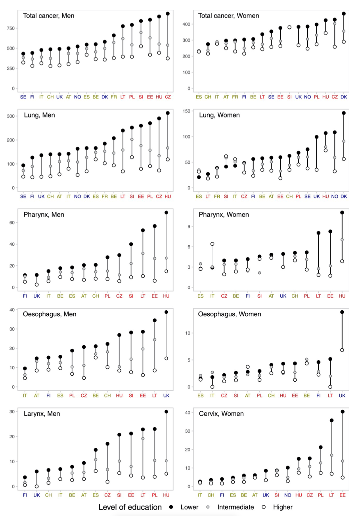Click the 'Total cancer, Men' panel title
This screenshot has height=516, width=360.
(x=49, y=16)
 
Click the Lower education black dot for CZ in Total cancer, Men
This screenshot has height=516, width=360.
(x=168, y=14)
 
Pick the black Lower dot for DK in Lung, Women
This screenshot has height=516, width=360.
(x=343, y=113)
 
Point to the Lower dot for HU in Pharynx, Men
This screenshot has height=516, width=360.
(x=166, y=212)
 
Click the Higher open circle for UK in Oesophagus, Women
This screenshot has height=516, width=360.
(x=342, y=350)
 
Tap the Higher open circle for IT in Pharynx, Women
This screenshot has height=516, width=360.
(x=212, y=244)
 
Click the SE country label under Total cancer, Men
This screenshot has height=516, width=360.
(x=23, y=96)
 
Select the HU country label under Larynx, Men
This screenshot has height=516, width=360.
(x=166, y=495)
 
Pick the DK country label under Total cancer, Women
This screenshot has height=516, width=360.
(x=343, y=96)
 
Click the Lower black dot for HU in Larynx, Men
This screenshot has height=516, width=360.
(x=166, y=412)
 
